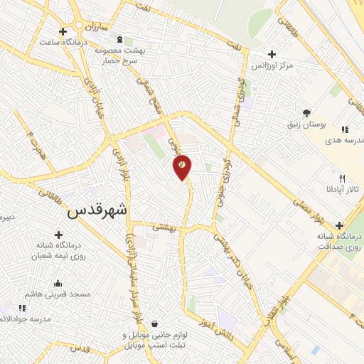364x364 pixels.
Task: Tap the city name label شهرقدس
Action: click(x=100, y=210)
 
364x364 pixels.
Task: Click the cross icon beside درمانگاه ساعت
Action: click(x=63, y=32)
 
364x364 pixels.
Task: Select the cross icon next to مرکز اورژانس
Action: click(x=271, y=54)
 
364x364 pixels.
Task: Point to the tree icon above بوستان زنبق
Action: click(x=307, y=112)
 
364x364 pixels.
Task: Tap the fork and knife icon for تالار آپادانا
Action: click(x=342, y=178)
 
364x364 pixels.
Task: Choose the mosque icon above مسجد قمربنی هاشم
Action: click(x=58, y=283)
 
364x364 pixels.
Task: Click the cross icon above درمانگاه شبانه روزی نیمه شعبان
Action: click(x=58, y=234)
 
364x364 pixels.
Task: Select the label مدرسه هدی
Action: click(x=343, y=141)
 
